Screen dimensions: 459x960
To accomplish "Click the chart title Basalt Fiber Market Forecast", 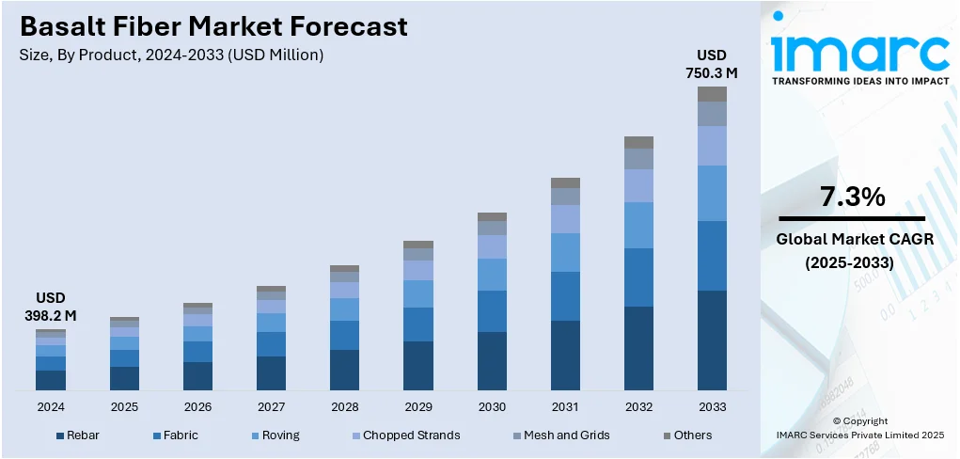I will pyautogui.click(x=213, y=26).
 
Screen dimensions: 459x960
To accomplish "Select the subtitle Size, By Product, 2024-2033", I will pyautogui.click(x=171, y=55).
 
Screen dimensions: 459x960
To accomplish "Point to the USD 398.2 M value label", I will pyautogui.click(x=50, y=307).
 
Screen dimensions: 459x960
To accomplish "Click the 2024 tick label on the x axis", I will pyautogui.click(x=51, y=407).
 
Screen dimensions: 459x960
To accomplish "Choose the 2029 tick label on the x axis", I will pyautogui.click(x=418, y=407).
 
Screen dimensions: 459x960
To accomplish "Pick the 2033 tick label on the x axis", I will pyautogui.click(x=712, y=407).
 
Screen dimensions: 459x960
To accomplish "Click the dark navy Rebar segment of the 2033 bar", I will pyautogui.click(x=712, y=340).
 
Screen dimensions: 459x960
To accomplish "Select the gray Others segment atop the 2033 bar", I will pyautogui.click(x=712, y=94).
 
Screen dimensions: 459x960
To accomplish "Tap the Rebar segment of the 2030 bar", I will pyautogui.click(x=492, y=361).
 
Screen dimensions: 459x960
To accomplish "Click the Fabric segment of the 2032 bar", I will pyautogui.click(x=638, y=277).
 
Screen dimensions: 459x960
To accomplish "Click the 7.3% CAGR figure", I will pyautogui.click(x=852, y=198).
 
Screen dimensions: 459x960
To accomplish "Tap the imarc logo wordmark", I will pyautogui.click(x=858, y=52).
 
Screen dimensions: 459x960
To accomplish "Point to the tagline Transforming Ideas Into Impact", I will pyautogui.click(x=859, y=82).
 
